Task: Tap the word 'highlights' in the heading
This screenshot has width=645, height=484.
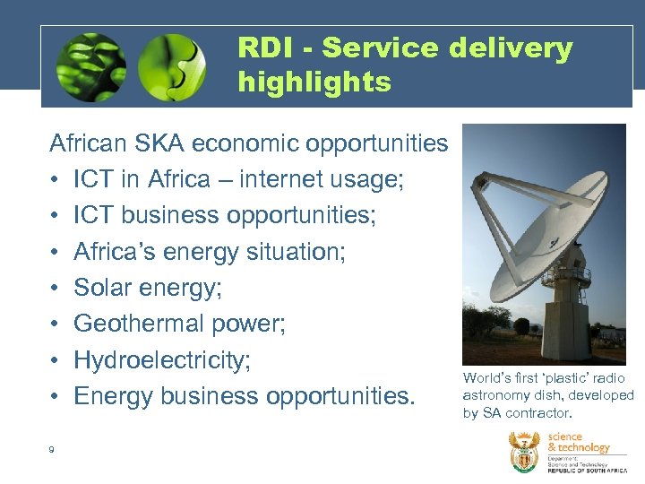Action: (314, 82)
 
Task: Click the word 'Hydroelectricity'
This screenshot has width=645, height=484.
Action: (159, 359)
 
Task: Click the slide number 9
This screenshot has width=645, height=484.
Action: (52, 449)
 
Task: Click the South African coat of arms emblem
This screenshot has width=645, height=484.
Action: (524, 452)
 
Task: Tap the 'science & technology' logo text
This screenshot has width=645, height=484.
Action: (578, 442)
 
